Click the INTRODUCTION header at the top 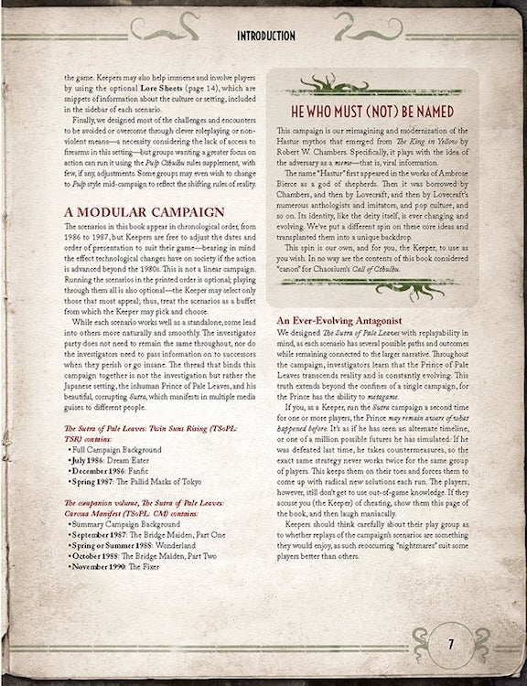coord(265,36)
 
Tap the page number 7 coord(450,643)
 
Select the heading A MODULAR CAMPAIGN coord(144,213)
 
